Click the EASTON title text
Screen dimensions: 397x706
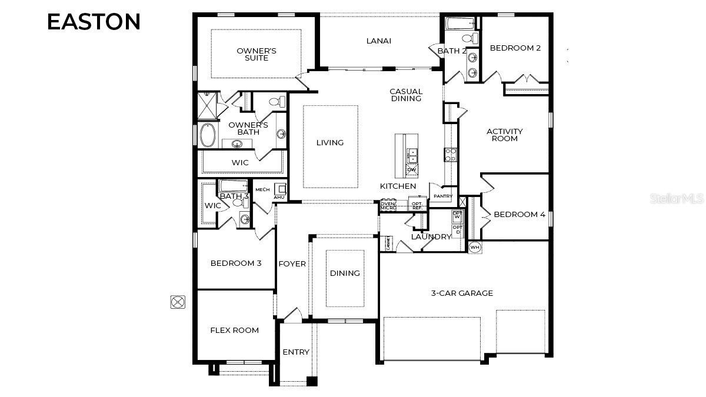coord(94,22)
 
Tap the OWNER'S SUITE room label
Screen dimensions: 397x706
coord(257,54)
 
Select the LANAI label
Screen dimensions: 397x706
coord(378,41)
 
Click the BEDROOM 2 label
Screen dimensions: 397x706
coord(515,48)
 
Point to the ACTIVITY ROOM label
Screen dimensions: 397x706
coord(504,135)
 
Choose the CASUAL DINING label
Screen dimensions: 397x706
coord(406,95)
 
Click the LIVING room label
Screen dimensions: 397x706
coord(329,142)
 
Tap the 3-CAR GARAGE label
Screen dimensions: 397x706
coord(462,293)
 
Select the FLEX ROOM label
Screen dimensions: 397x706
coord(234,330)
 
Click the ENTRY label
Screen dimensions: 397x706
coord(295,352)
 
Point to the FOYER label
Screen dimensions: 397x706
coord(292,263)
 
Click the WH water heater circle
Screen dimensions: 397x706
coord(474,247)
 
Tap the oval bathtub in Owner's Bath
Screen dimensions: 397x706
coord(208,135)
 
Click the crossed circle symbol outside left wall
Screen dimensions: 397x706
coord(178,302)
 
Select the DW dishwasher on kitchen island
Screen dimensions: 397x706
coord(411,170)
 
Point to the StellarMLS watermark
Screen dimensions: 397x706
coord(677,199)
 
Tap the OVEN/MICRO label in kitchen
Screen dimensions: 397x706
coord(388,206)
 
